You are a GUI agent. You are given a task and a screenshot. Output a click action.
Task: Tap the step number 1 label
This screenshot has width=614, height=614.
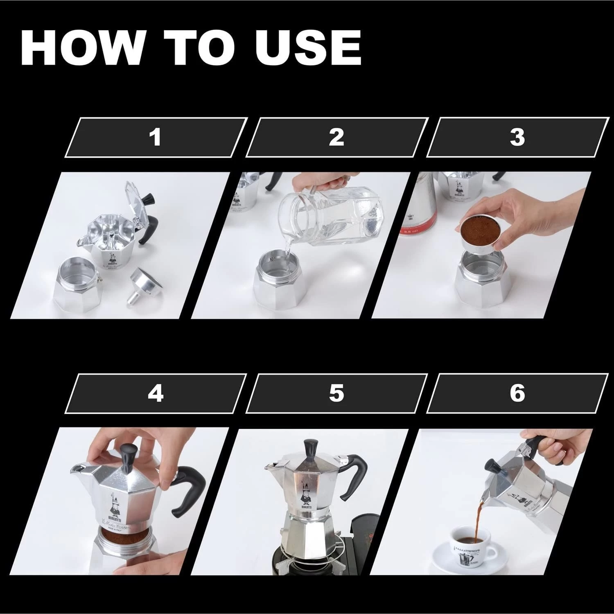click(x=155, y=137)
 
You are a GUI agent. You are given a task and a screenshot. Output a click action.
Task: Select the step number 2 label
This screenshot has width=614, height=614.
click(x=336, y=137)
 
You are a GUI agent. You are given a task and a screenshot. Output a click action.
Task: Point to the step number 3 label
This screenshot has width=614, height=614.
click(x=517, y=137)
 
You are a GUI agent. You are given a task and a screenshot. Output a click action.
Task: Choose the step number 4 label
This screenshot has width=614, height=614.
click(x=155, y=393)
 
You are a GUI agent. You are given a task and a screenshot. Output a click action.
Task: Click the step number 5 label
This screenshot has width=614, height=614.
click(x=336, y=393)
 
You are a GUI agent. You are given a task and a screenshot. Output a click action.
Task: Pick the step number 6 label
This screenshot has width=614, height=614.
click(x=517, y=393)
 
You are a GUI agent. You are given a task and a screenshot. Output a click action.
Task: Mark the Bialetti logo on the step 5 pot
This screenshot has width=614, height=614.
click(x=305, y=495)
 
